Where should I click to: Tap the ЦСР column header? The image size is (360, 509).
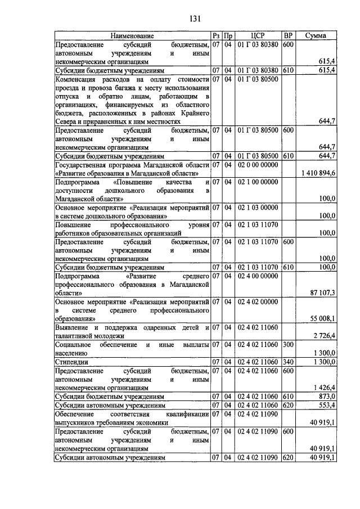[x=258, y=35]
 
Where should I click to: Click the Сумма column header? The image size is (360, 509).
[x=316, y=35]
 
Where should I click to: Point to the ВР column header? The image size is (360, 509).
[x=288, y=35]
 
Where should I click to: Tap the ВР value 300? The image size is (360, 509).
[x=287, y=344]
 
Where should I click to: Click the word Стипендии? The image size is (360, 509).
[x=72, y=362]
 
